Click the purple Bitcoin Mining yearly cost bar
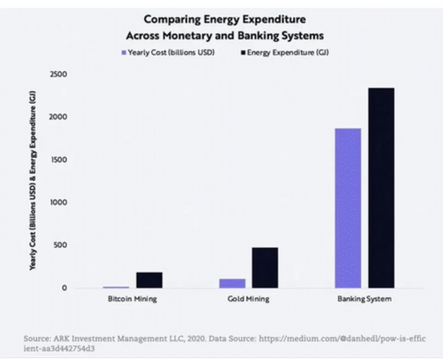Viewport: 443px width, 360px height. coord(116,287)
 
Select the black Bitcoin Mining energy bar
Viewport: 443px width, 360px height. coord(149,280)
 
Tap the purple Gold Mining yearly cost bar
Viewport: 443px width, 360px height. coord(232,283)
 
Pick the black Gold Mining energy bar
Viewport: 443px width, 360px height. coord(265,267)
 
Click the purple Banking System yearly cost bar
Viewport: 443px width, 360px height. coord(348,208)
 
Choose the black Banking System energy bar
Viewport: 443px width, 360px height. coord(381,188)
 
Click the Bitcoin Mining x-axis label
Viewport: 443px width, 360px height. coord(132,299)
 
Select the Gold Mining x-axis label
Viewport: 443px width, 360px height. coord(248,299)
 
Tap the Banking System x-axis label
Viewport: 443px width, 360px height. coord(364,299)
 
